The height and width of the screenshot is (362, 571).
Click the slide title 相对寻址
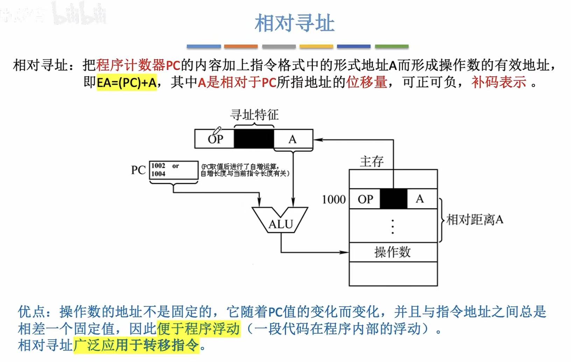tap(295, 23)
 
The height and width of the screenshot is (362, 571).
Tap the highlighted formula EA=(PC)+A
tap(126, 83)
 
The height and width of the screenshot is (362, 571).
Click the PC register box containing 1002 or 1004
tap(174, 170)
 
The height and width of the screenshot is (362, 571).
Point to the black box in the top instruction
tap(254, 139)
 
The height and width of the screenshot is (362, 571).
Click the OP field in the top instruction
tap(214, 139)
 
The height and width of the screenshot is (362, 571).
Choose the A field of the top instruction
tap(293, 139)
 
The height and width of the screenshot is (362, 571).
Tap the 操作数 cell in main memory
tap(393, 252)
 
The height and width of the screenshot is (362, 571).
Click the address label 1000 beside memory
tap(333, 200)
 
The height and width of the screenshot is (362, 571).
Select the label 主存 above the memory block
tap(372, 161)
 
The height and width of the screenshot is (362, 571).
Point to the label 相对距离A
tap(474, 220)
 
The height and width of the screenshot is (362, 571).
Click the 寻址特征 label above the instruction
tap(254, 115)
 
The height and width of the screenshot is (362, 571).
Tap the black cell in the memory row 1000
tap(394, 199)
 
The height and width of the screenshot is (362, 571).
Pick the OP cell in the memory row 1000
tap(365, 199)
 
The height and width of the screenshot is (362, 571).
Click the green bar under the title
tap(392, 46)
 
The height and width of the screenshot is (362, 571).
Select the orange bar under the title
tap(241, 46)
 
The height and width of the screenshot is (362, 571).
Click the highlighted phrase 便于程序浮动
tap(198, 329)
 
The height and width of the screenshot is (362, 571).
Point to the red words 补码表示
tap(499, 83)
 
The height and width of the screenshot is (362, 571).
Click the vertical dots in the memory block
tap(393, 226)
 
